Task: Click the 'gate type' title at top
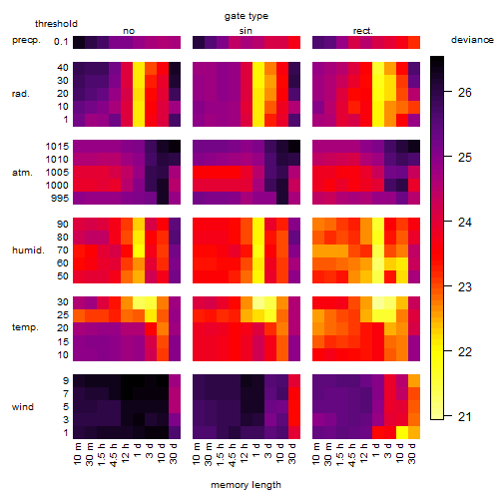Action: tap(247, 16)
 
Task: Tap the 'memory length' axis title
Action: tap(246, 485)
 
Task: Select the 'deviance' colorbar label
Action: tap(472, 40)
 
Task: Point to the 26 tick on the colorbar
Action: tap(465, 92)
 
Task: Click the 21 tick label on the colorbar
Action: tap(465, 416)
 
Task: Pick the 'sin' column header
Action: tap(246, 31)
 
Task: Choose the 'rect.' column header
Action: tap(362, 31)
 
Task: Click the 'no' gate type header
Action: tap(129, 31)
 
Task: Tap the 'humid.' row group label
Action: tap(28, 250)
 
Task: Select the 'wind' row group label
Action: tap(23, 407)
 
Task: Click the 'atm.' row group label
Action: tap(22, 173)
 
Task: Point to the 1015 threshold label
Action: tap(57, 147)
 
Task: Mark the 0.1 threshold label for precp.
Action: tap(61, 42)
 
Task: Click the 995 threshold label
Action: tap(60, 199)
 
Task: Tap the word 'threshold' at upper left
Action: tap(56, 24)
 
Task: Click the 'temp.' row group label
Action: tap(25, 327)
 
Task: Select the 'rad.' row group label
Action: tap(21, 94)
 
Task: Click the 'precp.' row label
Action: tap(26, 40)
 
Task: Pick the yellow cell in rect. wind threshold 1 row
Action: tap(402, 432)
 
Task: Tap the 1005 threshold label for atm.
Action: tap(57, 173)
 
